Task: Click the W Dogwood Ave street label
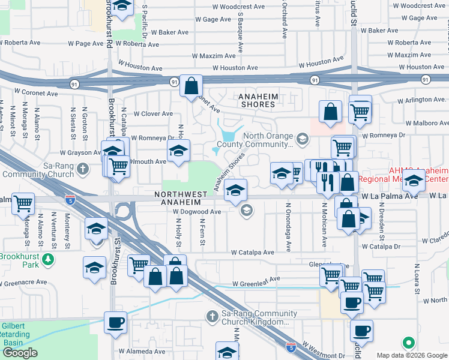(197, 212)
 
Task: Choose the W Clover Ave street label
(153, 113)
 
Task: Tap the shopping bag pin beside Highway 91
(191, 86)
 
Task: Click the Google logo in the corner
(20, 353)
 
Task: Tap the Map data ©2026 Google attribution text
(411, 355)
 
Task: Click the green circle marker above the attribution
(409, 343)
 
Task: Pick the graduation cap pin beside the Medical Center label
(414, 179)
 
